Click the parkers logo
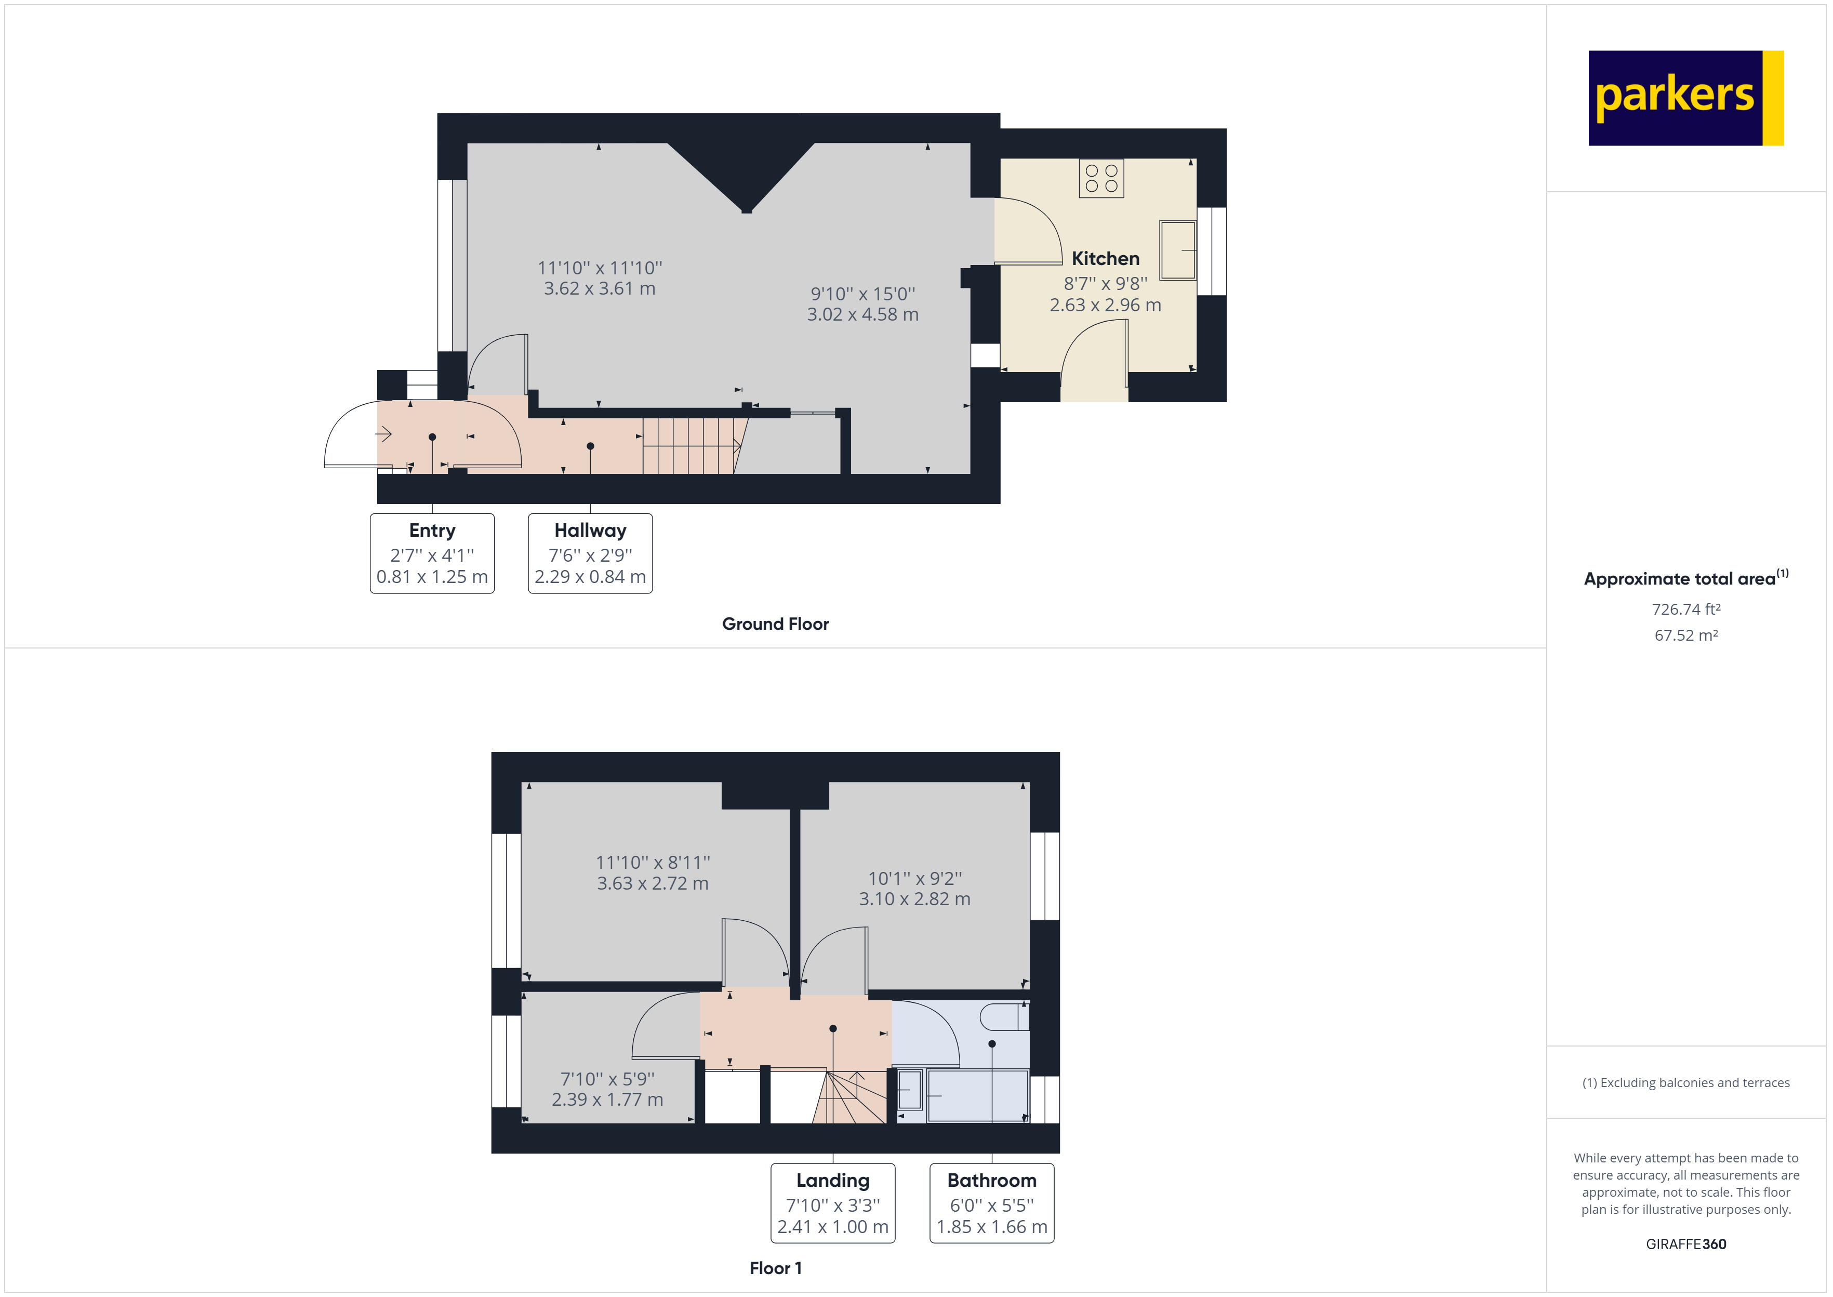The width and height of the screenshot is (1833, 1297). pos(1685,98)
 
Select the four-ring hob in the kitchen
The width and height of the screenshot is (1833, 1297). pos(1101,178)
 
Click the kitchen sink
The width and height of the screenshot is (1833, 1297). pos(1177,250)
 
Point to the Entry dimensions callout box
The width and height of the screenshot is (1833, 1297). pos(432,553)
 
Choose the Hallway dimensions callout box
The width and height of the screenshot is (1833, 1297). pos(590,553)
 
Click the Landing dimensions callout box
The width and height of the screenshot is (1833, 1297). pos(833,1203)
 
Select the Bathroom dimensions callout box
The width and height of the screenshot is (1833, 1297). pos(991,1203)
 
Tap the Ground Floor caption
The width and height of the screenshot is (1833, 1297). pos(775,624)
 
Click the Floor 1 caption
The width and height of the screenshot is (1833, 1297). pos(775,1268)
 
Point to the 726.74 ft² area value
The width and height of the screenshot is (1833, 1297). pos(1685,610)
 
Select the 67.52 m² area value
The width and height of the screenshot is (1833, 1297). pos(1685,636)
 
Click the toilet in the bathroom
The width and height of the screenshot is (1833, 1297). pos(1004,1017)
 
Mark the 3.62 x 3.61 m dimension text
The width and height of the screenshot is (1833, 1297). pos(600,289)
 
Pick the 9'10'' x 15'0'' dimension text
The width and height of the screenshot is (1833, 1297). pos(862,294)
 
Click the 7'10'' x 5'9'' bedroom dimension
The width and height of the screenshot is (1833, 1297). pos(607,1079)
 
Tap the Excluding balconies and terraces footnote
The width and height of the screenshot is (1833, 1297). pos(1685,1083)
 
